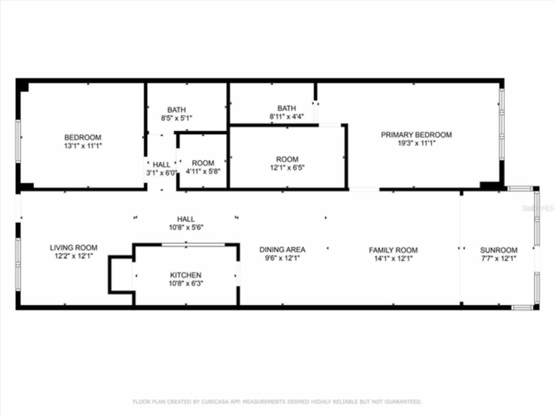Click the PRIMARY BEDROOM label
point(416,135)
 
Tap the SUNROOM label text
point(499,250)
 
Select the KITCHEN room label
point(186,275)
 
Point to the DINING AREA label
point(282,250)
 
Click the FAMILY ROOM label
point(393,250)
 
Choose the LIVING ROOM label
point(73,248)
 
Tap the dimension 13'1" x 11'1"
point(83,146)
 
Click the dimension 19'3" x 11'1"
point(416,143)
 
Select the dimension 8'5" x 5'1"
point(176,118)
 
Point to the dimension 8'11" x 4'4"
point(287,116)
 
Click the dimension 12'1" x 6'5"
point(287,168)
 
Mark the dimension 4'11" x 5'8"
point(203,171)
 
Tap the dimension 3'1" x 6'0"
point(161,173)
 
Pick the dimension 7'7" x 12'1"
point(499,259)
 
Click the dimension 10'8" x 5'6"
point(186,227)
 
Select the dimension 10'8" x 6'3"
point(186,283)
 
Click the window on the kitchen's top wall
point(193,245)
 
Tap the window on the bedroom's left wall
point(18,141)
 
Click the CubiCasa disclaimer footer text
point(277,402)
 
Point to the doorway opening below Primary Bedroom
point(364,189)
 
